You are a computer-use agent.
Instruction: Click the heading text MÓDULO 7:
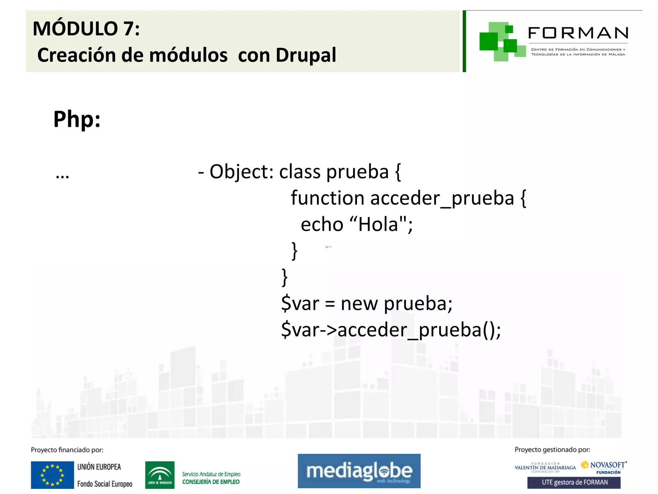coord(86,29)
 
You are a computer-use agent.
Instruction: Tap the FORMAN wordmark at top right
coord(578,33)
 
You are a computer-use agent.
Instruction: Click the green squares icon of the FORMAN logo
coord(501,41)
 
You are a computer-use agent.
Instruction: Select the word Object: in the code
coord(241,172)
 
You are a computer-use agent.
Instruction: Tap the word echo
coord(322,224)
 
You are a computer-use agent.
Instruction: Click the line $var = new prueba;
coord(367,304)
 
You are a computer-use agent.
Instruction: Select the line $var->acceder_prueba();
coord(391,330)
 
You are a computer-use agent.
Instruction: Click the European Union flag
coord(52,475)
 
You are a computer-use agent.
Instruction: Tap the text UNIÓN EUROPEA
coord(99,467)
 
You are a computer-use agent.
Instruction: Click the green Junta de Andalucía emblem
coord(160,475)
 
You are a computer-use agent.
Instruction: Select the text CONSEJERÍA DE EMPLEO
coord(211,482)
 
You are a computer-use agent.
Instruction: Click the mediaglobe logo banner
coord(359,471)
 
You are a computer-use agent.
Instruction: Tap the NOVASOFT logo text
coord(607,465)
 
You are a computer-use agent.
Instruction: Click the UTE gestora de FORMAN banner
coord(574,482)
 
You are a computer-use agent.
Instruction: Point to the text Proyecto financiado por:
coord(67,450)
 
